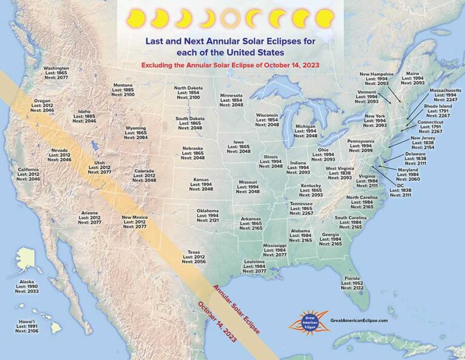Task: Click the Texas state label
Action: [x=194, y=257]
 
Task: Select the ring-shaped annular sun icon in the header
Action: [x=230, y=19]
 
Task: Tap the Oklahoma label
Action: [x=206, y=215]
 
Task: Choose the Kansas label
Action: [x=202, y=184]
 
